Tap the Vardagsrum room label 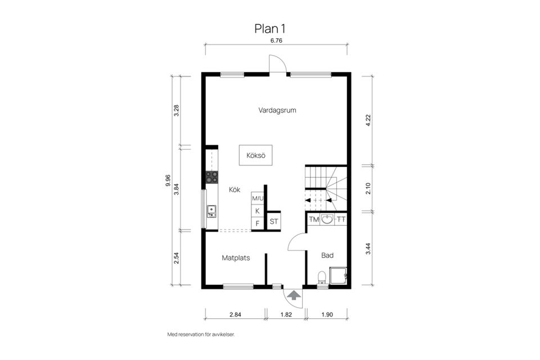277,110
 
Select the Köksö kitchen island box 255,155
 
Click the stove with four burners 211,177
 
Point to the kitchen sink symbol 211,211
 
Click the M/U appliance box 258,198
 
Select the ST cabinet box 274,222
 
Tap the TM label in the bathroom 313,219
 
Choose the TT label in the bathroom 341,219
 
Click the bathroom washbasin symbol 327,219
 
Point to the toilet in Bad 322,277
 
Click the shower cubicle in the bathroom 338,276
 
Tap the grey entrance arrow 293,294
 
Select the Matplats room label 236,258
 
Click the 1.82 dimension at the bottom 285,314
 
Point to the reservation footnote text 201,334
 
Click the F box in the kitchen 258,223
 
